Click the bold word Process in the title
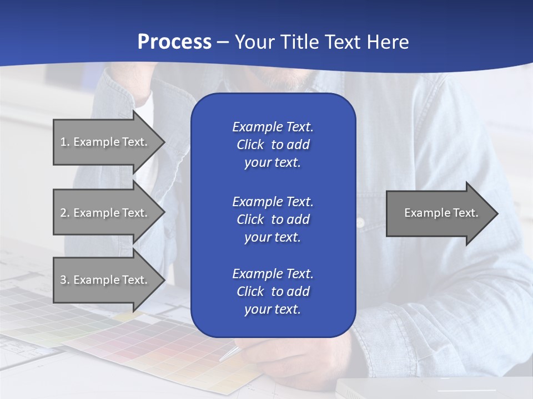coord(174,42)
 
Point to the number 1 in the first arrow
coord(63,142)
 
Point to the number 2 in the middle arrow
coord(63,213)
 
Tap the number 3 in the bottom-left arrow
coord(63,280)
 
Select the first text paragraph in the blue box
coord(273,145)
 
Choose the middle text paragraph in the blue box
coord(273,219)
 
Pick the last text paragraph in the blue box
coord(273,291)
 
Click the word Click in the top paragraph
coord(250,145)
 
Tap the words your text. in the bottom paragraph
coord(273,310)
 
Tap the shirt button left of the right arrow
coord(360,223)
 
